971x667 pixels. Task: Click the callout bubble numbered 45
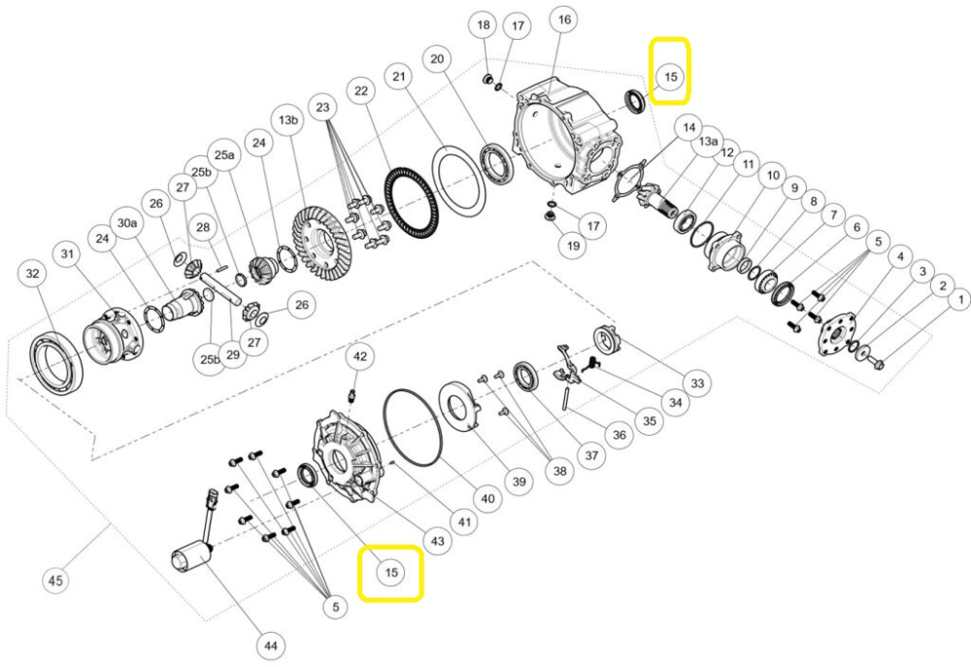tap(56, 581)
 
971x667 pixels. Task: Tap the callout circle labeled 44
tap(269, 645)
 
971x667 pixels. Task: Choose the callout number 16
tap(563, 19)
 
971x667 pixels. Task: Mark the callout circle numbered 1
tap(956, 301)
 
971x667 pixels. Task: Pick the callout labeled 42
tap(360, 356)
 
